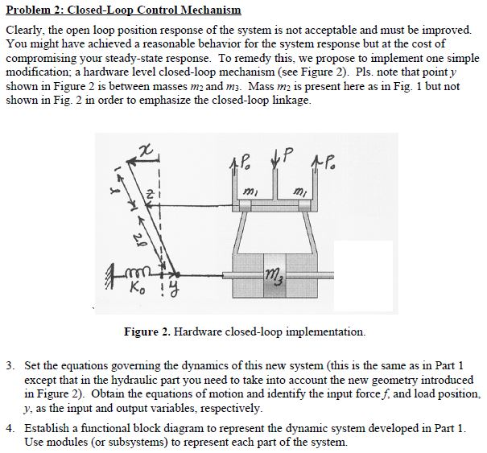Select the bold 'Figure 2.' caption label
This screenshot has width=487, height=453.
pyautogui.click(x=147, y=331)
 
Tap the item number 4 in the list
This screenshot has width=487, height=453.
pyautogui.click(x=10, y=428)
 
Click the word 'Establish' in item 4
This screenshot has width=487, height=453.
pyautogui.click(x=48, y=428)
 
